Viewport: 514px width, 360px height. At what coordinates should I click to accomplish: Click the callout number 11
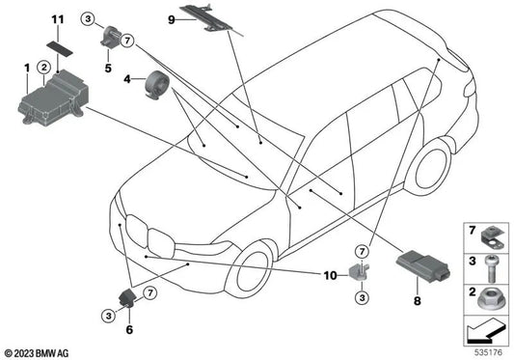coord(58,19)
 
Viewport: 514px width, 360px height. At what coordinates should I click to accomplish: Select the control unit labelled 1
coord(53,97)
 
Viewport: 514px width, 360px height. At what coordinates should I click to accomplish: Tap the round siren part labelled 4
coord(156,84)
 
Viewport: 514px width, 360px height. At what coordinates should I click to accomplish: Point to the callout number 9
coord(172,20)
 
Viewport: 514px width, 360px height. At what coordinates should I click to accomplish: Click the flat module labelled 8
coord(423,266)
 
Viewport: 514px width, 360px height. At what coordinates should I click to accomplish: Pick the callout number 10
coord(331,275)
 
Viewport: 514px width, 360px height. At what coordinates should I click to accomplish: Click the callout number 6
coord(129,329)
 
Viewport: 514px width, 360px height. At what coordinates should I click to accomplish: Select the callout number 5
coord(108,69)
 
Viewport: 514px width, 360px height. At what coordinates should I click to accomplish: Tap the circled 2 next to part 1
coord(44,68)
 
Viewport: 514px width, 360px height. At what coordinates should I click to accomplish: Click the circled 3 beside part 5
coord(88,18)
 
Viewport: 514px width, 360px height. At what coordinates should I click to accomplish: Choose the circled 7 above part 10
coord(362,252)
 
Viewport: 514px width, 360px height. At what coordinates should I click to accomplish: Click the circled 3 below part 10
coord(362,297)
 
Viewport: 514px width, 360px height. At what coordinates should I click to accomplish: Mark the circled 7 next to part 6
coord(150,292)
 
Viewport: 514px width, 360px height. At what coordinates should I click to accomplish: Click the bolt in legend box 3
coord(491,268)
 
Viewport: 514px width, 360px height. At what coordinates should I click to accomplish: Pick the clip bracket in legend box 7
coord(493,239)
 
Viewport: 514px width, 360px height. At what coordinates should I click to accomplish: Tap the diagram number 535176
coord(488,353)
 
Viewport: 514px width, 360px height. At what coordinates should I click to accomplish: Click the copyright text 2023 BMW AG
coord(37,353)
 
